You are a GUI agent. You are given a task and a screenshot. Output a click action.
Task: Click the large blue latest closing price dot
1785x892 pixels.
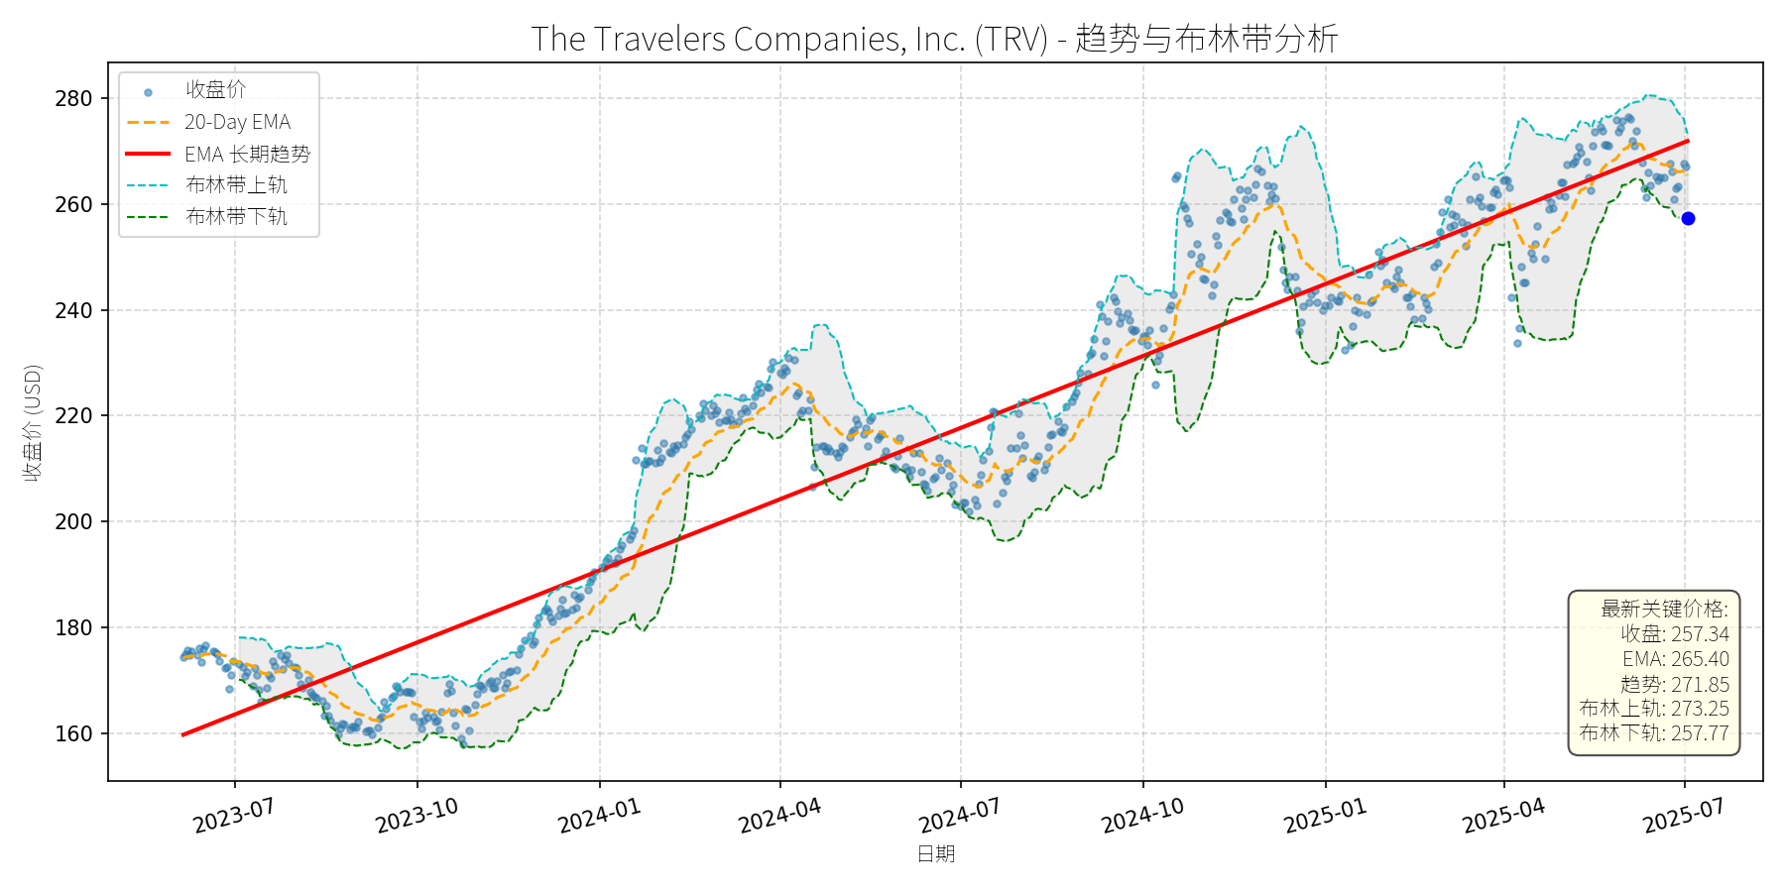pos(1688,218)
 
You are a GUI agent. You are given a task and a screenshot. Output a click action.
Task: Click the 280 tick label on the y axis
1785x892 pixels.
pos(73,99)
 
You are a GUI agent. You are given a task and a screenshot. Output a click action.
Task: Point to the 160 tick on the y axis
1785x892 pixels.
pos(73,734)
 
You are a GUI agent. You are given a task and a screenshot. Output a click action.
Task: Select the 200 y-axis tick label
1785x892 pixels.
pos(73,522)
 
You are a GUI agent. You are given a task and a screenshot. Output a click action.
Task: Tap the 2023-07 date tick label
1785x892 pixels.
pos(234,817)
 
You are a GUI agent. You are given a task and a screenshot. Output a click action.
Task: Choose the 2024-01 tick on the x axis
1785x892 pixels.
pos(599,817)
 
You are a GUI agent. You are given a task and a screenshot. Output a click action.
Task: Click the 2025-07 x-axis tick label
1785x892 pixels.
pos(1684,817)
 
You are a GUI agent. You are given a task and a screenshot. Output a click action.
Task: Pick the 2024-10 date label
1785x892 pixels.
pos(1142,817)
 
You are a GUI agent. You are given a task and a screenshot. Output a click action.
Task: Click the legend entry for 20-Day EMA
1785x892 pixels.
pos(237,122)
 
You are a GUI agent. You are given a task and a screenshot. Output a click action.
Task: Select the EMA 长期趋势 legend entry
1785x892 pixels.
pos(247,154)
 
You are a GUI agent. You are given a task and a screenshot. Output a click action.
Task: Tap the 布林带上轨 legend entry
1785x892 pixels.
pos(236,185)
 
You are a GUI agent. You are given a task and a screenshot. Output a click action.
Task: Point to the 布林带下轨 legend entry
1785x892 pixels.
pos(236,216)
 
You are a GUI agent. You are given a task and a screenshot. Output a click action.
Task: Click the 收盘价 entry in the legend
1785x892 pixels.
pos(215,90)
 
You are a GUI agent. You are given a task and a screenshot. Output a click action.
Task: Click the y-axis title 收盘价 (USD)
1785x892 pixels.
pos(33,423)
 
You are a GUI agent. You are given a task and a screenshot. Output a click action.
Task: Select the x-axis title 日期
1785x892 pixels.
pos(935,854)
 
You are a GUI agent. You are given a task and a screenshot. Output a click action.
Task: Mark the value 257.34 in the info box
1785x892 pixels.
pos(1700,634)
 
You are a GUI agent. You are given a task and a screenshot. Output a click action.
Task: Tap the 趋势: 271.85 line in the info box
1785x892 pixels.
pos(1674,684)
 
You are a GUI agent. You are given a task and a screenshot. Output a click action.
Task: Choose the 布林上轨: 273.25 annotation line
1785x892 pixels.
pos(1654,709)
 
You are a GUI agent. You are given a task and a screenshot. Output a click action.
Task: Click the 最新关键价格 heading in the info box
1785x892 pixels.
pos(1664,609)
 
